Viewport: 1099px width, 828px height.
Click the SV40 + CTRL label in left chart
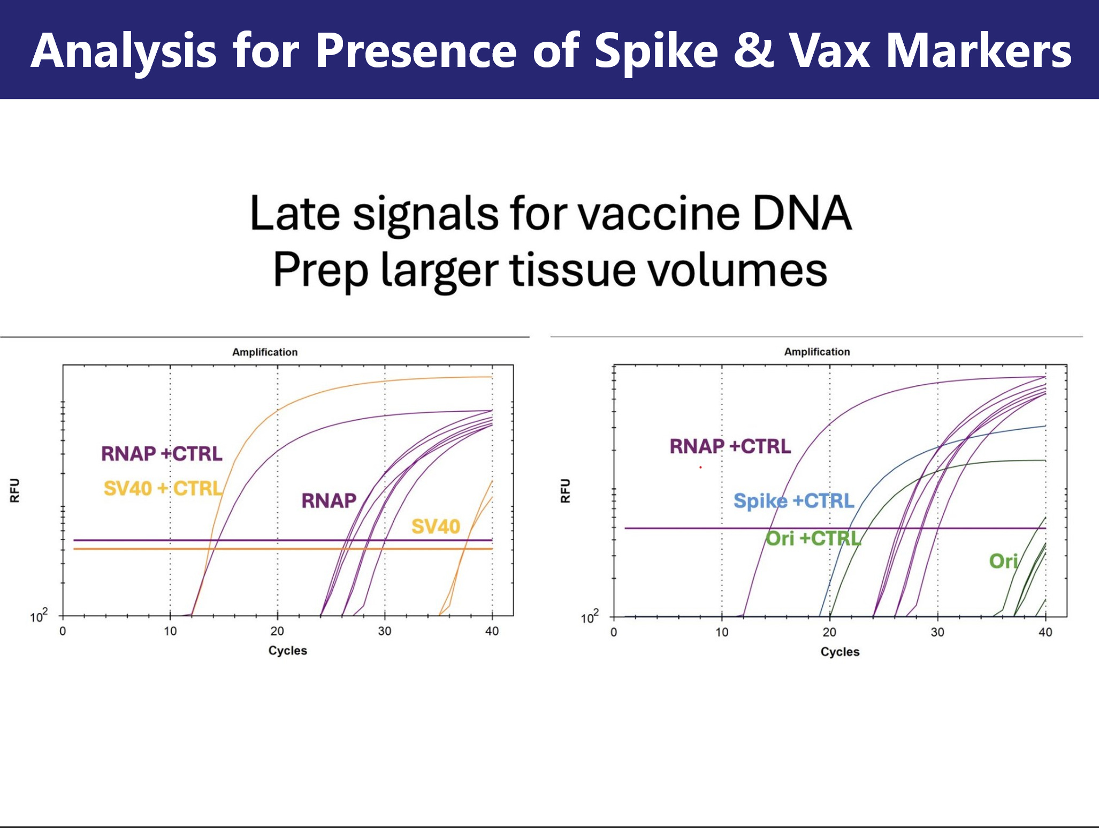(x=163, y=488)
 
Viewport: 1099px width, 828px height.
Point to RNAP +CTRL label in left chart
(x=162, y=454)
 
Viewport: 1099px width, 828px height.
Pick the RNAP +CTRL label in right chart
(x=730, y=446)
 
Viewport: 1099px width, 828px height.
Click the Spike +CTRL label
(x=794, y=501)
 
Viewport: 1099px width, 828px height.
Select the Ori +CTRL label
(x=813, y=538)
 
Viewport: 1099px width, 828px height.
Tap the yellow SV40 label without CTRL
(x=436, y=527)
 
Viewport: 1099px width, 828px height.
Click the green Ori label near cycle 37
(x=1003, y=561)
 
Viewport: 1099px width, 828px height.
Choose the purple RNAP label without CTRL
(x=329, y=501)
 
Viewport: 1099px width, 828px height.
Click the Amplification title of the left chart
(x=265, y=352)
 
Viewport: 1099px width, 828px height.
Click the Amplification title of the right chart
(x=817, y=352)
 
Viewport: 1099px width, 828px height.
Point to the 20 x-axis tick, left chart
(x=277, y=631)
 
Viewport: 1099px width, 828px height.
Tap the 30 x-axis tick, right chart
(x=937, y=632)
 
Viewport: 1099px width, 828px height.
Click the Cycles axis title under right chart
(x=840, y=652)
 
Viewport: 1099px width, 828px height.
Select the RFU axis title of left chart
(x=15, y=490)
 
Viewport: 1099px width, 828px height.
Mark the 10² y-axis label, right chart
(x=590, y=617)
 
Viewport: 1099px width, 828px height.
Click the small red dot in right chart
(x=700, y=467)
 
